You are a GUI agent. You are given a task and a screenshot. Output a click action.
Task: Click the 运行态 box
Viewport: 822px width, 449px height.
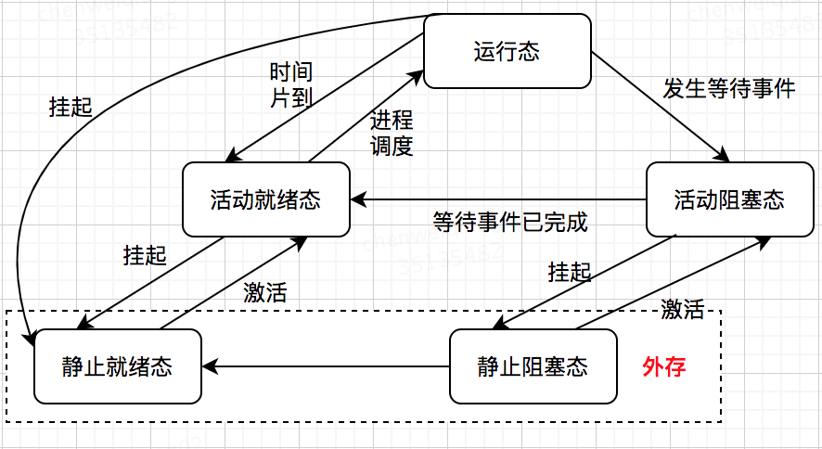click(507, 51)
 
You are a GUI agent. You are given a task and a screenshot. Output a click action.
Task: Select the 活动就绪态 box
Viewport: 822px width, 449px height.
click(265, 199)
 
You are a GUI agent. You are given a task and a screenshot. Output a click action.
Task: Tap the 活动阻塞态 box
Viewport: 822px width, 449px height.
click(728, 199)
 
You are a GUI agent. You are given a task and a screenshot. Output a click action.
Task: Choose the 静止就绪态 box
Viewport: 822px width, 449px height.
click(117, 366)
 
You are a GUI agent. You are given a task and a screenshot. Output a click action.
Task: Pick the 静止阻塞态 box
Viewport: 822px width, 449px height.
click(533, 366)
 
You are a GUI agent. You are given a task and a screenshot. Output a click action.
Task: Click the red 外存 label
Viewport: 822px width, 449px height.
click(663, 367)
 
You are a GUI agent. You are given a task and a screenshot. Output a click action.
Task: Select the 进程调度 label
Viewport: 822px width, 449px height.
click(392, 133)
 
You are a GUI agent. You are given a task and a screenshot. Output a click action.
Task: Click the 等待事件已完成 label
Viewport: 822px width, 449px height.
click(510, 223)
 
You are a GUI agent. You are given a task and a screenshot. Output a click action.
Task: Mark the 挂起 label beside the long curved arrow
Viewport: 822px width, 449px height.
click(71, 106)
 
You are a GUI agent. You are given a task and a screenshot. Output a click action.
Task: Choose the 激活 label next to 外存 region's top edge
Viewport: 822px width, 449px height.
click(682, 310)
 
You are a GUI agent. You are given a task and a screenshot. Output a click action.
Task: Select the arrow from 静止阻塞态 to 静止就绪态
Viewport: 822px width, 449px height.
click(325, 366)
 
